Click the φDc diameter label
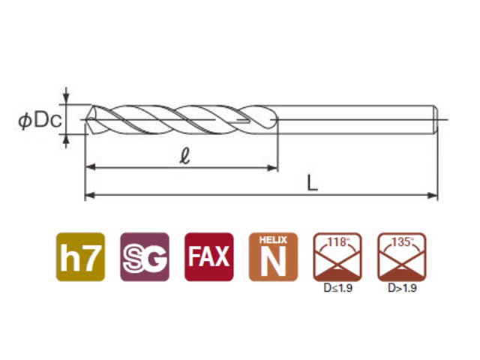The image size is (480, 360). [40, 120]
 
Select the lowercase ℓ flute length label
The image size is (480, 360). [184, 157]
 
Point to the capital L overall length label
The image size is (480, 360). [312, 183]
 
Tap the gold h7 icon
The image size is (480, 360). [80, 256]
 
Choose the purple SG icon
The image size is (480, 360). [145, 256]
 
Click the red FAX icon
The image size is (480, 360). [208, 256]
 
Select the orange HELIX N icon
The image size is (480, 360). [273, 256]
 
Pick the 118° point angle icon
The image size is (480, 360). [337, 256]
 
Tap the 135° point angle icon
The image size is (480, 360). [402, 256]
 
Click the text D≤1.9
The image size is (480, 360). [338, 288]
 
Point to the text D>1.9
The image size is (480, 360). [402, 288]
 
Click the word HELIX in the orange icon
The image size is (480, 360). [273, 240]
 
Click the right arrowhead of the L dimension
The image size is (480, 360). [433, 195]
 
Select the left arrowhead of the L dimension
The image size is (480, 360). [90, 195]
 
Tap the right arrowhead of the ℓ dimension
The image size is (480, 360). [272, 168]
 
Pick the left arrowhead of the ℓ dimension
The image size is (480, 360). [91, 167]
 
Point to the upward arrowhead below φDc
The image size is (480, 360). [67, 139]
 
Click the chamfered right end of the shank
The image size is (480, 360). [436, 120]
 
